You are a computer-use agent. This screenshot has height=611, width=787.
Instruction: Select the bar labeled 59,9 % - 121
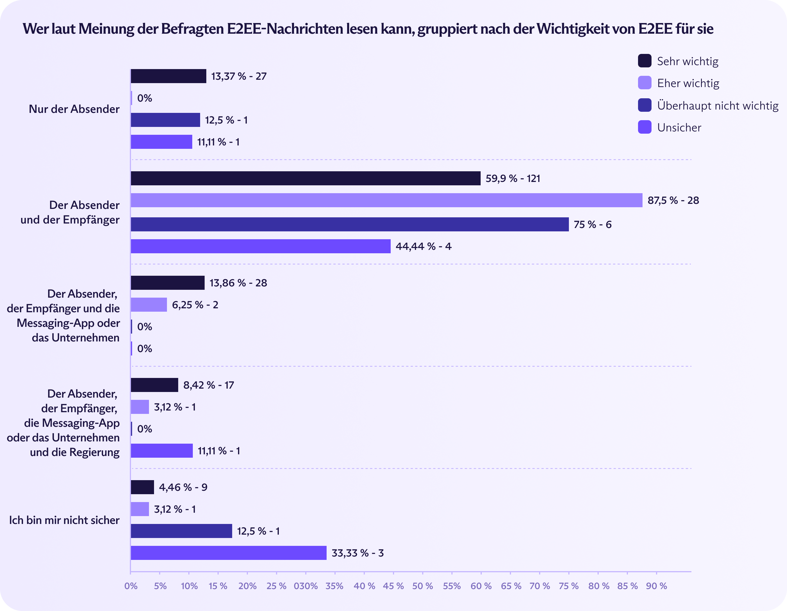click(x=306, y=178)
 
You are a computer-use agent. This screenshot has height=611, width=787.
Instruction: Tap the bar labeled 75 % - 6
click(x=350, y=224)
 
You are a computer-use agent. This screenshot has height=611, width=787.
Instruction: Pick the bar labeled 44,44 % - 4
click(x=261, y=246)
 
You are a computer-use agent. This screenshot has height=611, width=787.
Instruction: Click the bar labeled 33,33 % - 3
click(x=229, y=553)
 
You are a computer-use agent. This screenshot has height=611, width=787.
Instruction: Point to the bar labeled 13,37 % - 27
click(x=168, y=76)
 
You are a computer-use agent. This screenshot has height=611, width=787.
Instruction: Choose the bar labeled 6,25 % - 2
click(x=149, y=305)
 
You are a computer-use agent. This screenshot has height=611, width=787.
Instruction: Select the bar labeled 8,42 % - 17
click(x=154, y=385)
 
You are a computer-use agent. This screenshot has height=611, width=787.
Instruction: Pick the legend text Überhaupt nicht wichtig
click(x=718, y=106)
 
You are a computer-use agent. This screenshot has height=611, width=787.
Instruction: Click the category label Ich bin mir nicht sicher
click(x=64, y=520)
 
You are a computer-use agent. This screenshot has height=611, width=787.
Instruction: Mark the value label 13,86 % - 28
click(x=238, y=283)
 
